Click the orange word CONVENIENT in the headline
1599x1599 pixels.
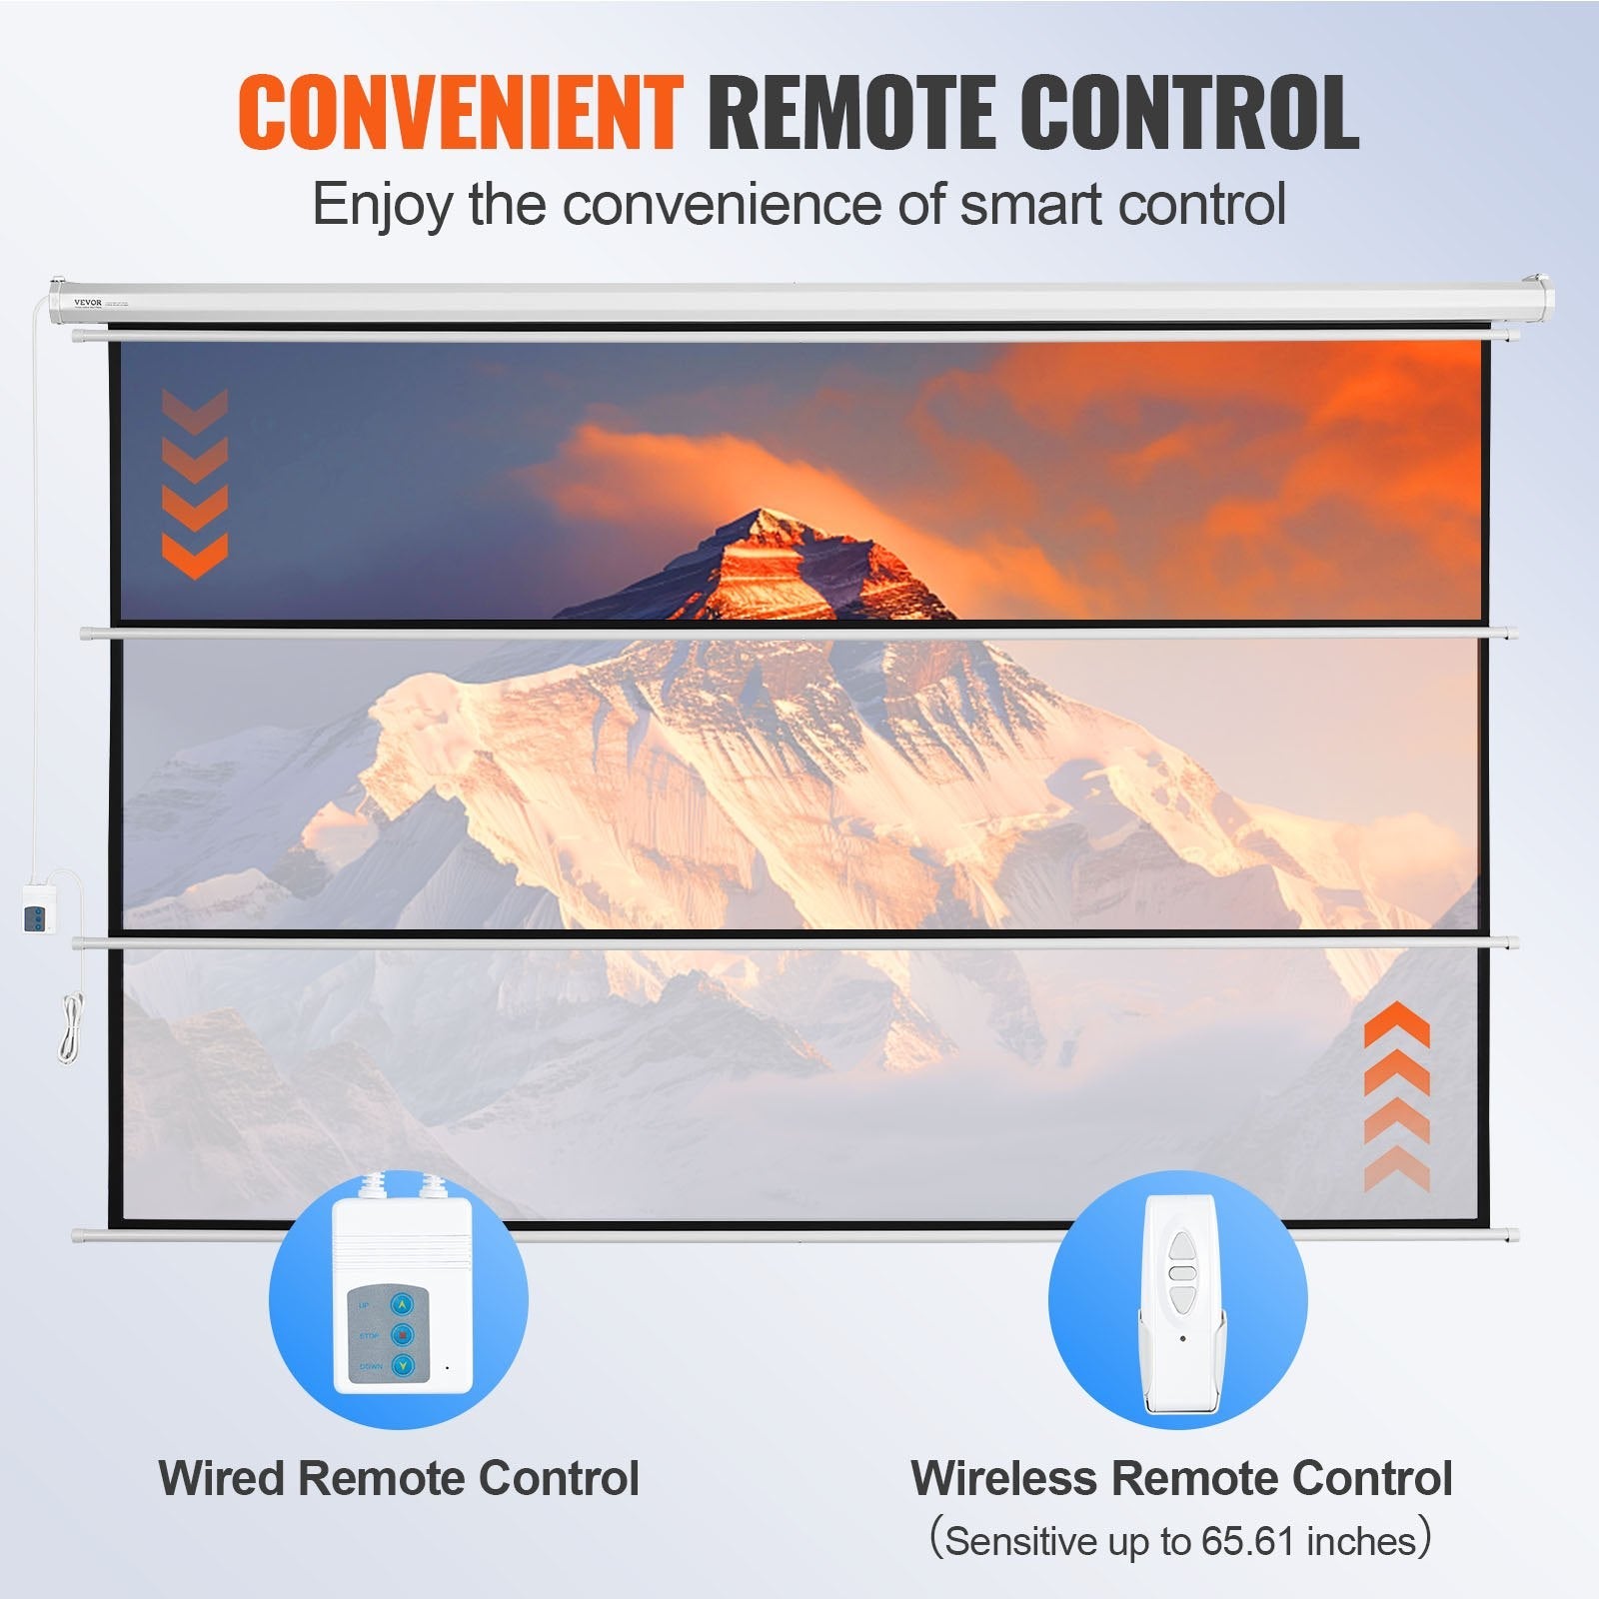point(460,112)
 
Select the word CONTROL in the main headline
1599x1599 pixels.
point(1190,112)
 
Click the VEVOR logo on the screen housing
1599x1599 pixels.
point(88,302)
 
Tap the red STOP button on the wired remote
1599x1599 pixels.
point(402,1334)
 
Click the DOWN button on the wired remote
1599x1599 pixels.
point(402,1364)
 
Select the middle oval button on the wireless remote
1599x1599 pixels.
point(1183,1274)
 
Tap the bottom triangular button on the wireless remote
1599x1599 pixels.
point(1183,1300)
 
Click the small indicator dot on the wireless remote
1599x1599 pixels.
point(1183,1338)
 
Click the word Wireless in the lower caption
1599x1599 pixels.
point(1003,1478)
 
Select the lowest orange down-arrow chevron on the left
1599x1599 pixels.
point(194,555)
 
